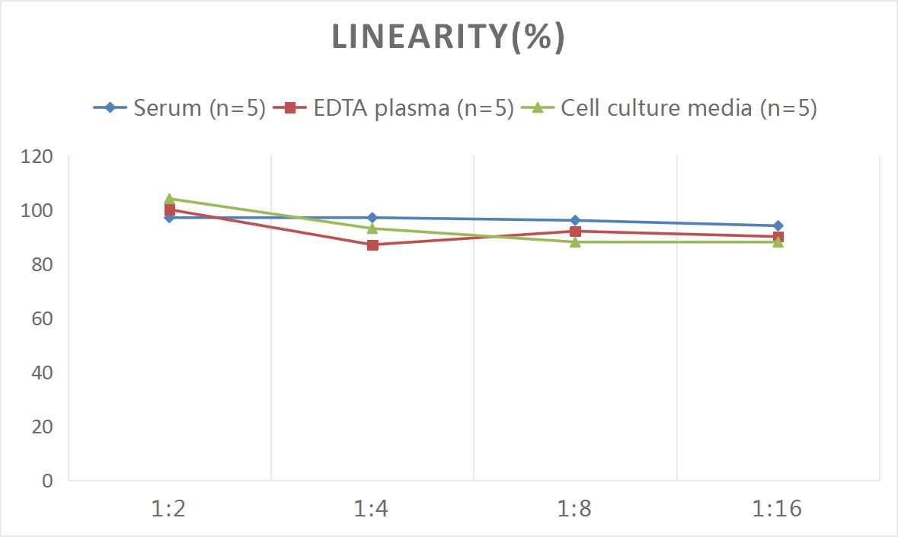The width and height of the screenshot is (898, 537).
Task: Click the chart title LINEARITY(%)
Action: point(448,37)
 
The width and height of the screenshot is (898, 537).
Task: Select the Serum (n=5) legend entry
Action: point(180,108)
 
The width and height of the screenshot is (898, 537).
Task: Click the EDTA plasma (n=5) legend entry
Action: point(394,108)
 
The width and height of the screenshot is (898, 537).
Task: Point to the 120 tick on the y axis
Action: point(37,157)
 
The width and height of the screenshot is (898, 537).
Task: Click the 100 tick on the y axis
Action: point(37,211)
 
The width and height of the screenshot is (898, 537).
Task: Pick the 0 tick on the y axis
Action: point(47,481)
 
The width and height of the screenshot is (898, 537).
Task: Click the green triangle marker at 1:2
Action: point(169,199)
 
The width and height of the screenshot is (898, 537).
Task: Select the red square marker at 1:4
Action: point(372,245)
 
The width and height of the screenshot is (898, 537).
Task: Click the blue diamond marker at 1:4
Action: point(372,218)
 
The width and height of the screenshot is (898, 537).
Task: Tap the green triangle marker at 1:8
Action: point(575,241)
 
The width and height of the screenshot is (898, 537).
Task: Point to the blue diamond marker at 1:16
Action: point(778,225)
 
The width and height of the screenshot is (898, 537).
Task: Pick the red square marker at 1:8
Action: point(575,232)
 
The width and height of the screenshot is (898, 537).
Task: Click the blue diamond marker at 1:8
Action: point(575,220)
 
